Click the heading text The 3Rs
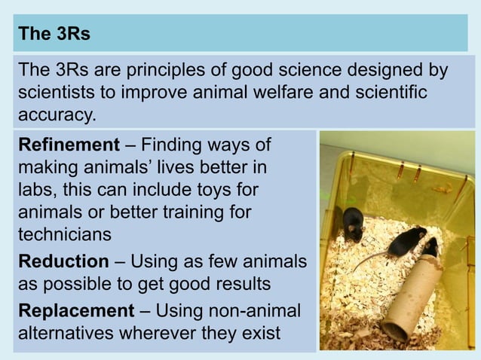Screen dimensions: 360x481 [x=54, y=34]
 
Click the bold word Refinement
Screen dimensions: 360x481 [x=69, y=144]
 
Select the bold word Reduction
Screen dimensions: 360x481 [x=63, y=261]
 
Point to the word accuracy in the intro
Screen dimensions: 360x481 [x=57, y=116]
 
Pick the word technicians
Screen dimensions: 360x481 [x=64, y=233]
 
